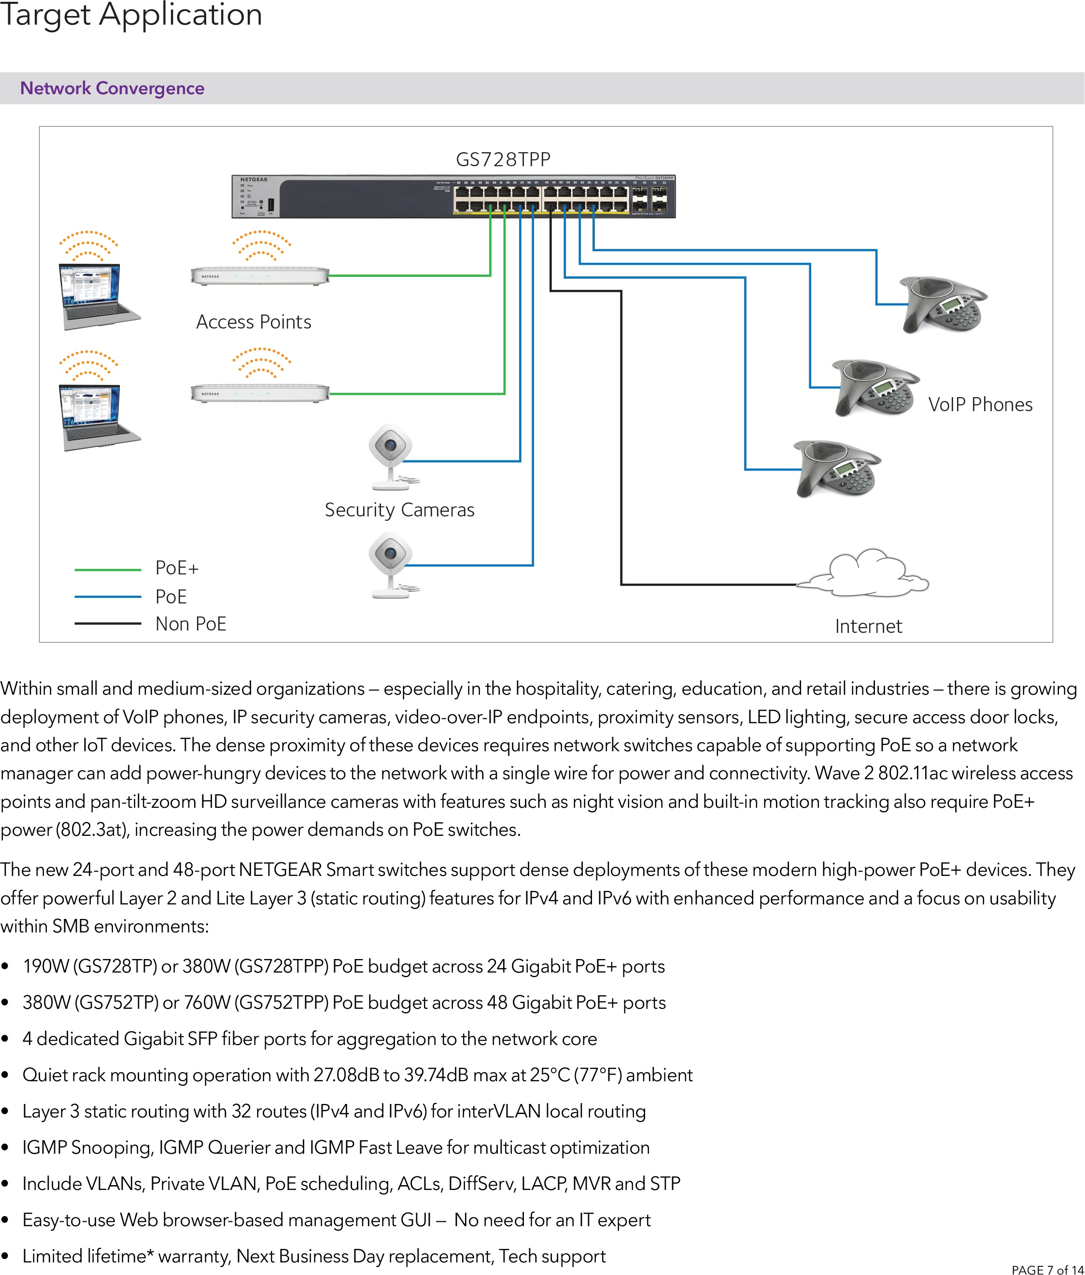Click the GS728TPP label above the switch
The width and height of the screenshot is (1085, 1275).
(x=503, y=159)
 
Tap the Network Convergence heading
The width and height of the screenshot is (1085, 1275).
(x=112, y=88)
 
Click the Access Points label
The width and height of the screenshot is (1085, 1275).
(x=254, y=322)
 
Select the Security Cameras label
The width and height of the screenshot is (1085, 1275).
(x=399, y=510)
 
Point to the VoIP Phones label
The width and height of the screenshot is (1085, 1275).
(x=980, y=404)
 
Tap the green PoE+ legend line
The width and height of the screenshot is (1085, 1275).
(x=108, y=570)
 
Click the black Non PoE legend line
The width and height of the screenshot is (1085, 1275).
(x=108, y=623)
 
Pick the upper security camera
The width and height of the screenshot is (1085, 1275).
(x=390, y=455)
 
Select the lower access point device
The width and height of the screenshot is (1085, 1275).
(x=260, y=393)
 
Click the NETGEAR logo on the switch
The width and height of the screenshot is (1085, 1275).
(x=254, y=180)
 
